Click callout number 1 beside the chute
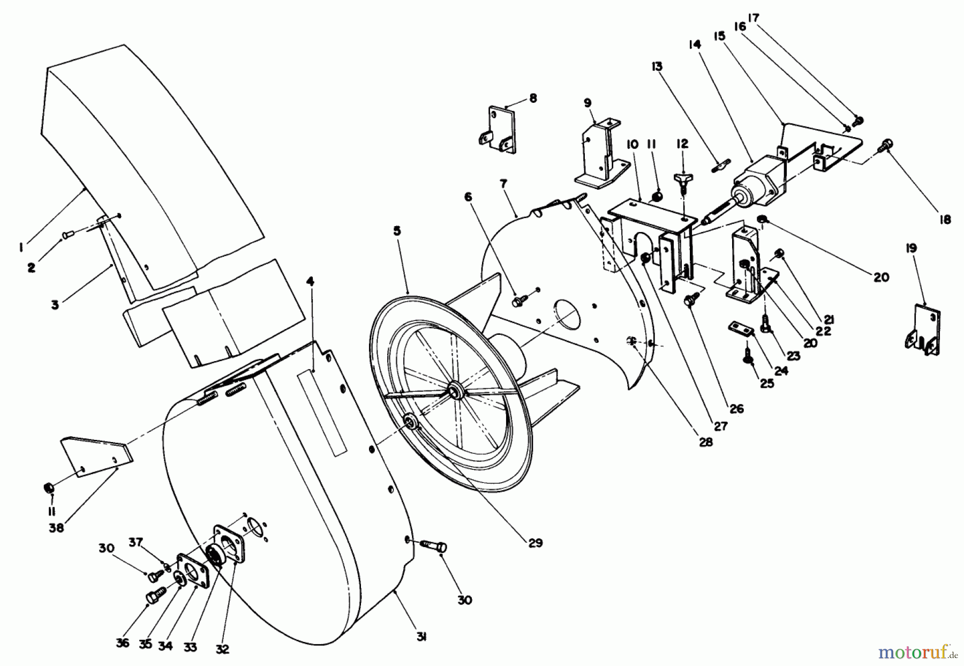pyautogui.click(x=20, y=247)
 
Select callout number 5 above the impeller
pyautogui.click(x=397, y=231)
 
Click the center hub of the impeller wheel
pyautogui.click(x=456, y=390)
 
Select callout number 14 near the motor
pyautogui.click(x=695, y=45)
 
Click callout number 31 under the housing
pyautogui.click(x=421, y=637)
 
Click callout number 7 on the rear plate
pyautogui.click(x=503, y=184)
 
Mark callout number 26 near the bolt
pyautogui.click(x=737, y=409)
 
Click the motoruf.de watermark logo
pyautogui.click(x=916, y=652)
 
